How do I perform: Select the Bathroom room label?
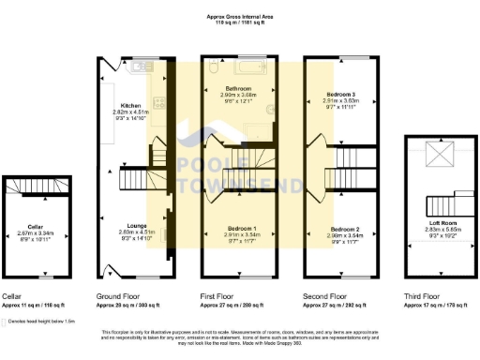tap(238, 88)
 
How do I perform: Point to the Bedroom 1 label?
tap(238, 229)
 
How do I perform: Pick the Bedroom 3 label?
tap(339, 95)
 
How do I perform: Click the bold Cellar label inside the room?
tap(35, 226)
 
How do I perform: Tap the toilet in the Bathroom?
tap(215, 68)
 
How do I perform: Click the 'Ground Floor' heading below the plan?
tap(117, 296)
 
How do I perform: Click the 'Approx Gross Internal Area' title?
tap(240, 16)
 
